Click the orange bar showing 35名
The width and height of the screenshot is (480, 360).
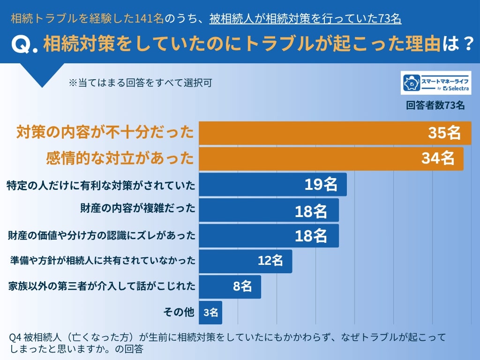coord(335,133)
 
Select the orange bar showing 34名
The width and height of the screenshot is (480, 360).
coord(331,158)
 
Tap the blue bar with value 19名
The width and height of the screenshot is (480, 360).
coord(272,184)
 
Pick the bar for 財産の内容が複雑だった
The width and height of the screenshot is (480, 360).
coord(269,210)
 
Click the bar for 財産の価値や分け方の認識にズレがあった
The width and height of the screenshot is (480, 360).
coord(269,235)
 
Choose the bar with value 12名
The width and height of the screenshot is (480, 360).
coord(245,261)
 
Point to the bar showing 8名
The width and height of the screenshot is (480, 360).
coord(230,286)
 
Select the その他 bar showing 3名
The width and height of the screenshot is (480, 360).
coord(210,312)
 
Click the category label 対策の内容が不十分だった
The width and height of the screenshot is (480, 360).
coord(105,133)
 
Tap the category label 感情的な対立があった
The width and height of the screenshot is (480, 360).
coord(120,158)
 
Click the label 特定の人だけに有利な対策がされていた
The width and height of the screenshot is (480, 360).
coord(100,185)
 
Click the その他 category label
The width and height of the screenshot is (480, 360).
coord(179,312)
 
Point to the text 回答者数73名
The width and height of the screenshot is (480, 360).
coord(435,105)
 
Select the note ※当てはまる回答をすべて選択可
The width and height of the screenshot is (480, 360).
coord(140,83)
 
